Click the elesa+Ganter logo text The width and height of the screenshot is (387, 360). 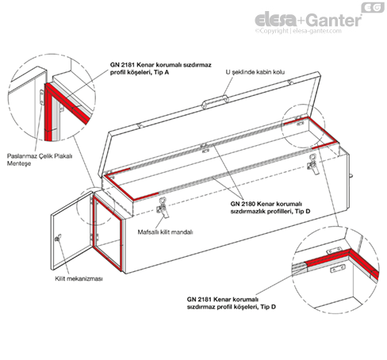click(x=308, y=20)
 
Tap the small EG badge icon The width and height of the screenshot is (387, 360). click(x=373, y=7)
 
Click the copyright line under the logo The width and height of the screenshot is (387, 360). click(x=298, y=31)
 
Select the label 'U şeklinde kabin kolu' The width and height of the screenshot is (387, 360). click(x=255, y=72)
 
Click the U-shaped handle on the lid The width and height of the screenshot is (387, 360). click(x=215, y=101)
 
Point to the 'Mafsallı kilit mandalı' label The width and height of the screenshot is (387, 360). click(x=165, y=232)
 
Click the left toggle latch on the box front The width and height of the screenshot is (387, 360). click(x=163, y=208)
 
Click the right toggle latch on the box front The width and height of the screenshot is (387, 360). click(x=313, y=164)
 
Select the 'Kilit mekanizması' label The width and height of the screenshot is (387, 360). click(x=79, y=278)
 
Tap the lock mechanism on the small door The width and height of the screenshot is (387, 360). click(x=58, y=238)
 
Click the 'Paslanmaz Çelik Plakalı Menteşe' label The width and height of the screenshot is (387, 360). click(x=40, y=159)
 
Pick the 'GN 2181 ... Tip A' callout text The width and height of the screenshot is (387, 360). click(x=161, y=68)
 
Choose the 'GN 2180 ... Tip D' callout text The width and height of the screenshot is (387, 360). click(x=270, y=208)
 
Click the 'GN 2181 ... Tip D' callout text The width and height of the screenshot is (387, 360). click(x=232, y=303)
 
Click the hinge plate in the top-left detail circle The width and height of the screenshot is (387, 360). click(x=42, y=97)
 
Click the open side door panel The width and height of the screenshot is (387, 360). click(x=71, y=230)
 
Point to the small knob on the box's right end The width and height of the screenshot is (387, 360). click(x=351, y=176)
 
